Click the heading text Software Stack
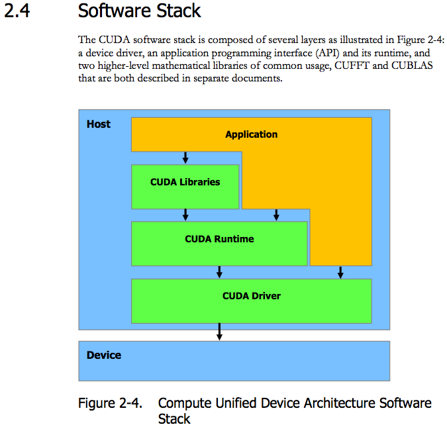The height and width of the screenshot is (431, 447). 139,11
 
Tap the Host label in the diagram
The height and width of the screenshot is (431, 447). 99,124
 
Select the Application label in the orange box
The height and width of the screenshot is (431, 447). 251,134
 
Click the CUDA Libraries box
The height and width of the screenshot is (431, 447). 185,182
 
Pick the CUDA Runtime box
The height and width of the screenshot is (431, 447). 219,239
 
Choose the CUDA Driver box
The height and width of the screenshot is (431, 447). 251,296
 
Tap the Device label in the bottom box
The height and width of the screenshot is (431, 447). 104,356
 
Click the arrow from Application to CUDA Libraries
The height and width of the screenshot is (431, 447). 185,158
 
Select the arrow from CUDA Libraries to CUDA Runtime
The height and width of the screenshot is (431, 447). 185,215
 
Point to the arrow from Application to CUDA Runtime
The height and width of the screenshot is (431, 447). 276,215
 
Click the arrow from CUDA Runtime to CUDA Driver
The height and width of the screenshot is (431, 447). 219,271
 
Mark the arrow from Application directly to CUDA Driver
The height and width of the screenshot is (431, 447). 340,272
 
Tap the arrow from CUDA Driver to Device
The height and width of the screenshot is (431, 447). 219,332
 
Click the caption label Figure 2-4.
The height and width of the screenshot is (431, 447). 109,403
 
